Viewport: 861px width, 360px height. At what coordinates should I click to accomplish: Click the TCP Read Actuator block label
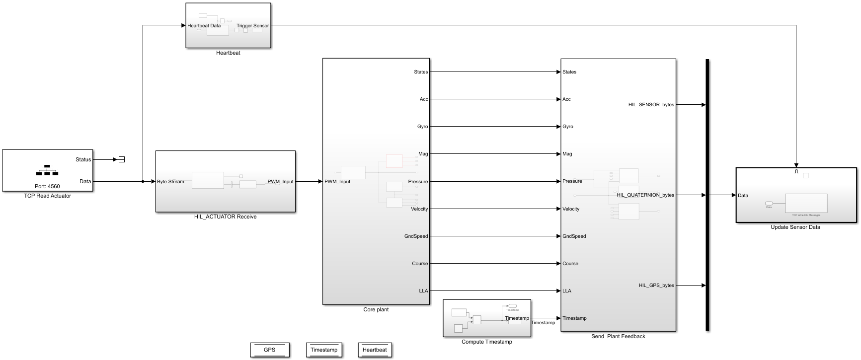[47, 196]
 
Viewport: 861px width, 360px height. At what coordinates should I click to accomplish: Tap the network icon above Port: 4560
[47, 170]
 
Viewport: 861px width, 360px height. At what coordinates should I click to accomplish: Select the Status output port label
[83, 160]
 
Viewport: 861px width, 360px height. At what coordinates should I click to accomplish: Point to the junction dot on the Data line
[143, 182]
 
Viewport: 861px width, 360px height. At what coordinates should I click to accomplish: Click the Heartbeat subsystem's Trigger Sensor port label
[252, 26]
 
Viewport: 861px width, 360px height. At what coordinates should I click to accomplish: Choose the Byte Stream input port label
[170, 182]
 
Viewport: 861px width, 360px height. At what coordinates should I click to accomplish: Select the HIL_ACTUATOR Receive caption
[225, 217]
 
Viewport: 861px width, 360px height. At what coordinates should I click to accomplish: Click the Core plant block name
[376, 310]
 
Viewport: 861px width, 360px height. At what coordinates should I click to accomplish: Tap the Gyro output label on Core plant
[422, 127]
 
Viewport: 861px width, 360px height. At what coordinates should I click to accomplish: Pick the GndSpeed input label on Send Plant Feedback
[574, 236]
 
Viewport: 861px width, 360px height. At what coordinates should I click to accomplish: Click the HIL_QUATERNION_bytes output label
[645, 195]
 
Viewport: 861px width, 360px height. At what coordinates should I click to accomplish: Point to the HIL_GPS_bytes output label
[656, 286]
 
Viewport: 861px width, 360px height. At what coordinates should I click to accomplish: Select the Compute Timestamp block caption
[486, 342]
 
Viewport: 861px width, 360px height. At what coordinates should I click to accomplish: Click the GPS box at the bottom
[269, 350]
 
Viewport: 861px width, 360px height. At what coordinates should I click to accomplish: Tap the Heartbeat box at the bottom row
[375, 350]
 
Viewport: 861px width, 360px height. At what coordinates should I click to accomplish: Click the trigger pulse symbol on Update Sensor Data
[796, 172]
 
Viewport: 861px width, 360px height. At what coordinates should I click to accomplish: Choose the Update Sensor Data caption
[795, 227]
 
